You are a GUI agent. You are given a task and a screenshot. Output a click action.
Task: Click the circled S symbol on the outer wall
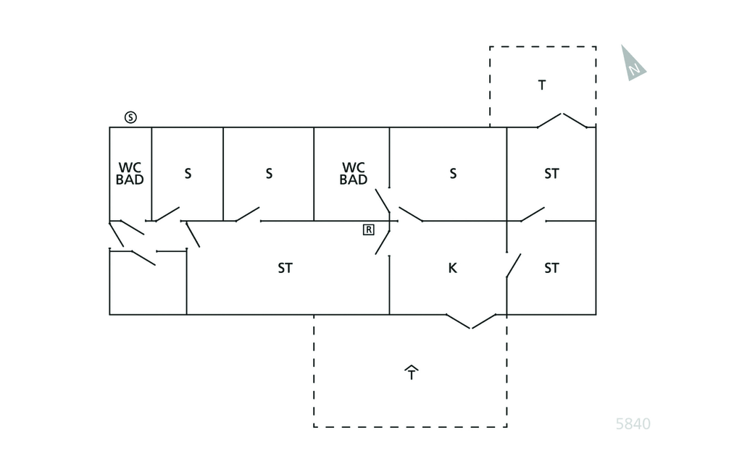(130, 117)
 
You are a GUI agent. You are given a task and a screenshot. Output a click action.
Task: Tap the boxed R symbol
(368, 229)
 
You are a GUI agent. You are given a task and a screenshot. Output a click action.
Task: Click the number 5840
(633, 424)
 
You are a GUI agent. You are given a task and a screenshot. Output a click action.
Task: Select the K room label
(452, 268)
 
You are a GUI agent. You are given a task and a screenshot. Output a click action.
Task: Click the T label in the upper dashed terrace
(542, 85)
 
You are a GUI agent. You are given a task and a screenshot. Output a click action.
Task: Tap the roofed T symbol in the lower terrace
(412, 373)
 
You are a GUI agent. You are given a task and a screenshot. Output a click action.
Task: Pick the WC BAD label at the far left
(130, 174)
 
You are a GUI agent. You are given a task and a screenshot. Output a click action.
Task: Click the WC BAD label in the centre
(354, 174)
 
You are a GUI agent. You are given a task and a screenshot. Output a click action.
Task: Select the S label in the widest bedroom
(453, 174)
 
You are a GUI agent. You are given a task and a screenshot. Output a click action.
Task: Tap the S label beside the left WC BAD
(188, 174)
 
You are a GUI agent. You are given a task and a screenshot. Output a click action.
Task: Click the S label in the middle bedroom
(269, 174)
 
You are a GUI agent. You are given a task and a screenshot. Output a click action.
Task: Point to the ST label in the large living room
(285, 268)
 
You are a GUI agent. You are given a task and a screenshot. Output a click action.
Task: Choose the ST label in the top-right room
(551, 174)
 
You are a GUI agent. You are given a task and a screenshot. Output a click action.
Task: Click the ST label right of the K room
(551, 268)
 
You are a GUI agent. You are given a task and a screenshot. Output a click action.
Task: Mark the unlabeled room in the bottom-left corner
(148, 286)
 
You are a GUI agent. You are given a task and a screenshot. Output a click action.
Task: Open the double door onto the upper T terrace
(562, 120)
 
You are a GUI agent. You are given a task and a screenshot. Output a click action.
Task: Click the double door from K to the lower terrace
(471, 321)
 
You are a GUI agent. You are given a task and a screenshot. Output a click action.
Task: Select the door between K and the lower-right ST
(513, 266)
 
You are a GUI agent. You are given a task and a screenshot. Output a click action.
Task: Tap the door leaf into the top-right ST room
(533, 214)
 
